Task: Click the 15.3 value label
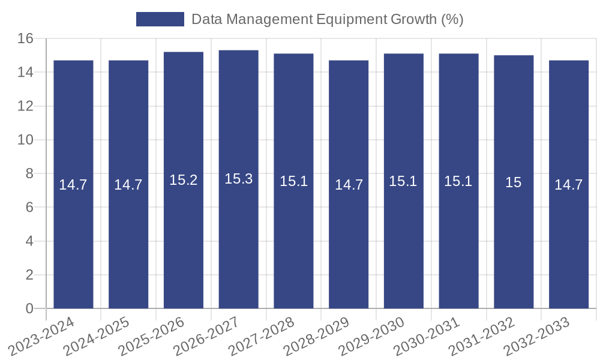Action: click(238, 179)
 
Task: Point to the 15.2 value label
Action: click(183, 180)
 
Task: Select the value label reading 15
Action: click(514, 182)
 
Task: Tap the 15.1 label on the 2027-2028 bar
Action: click(293, 181)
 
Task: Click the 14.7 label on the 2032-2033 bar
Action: click(568, 185)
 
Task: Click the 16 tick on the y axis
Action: click(25, 38)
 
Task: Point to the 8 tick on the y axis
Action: click(29, 173)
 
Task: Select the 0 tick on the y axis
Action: click(29, 308)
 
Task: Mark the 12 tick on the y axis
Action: click(25, 106)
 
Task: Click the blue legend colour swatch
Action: click(160, 19)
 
